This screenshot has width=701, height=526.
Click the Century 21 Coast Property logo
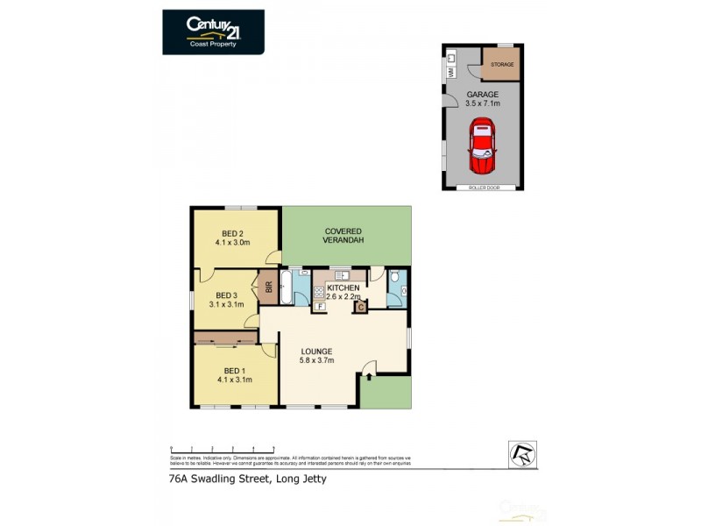pyautogui.click(x=213, y=32)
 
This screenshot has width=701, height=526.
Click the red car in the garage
pyautogui.click(x=481, y=148)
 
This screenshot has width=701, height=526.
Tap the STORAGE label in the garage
pyautogui.click(x=502, y=64)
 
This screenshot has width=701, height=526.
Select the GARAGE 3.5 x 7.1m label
pyautogui.click(x=483, y=98)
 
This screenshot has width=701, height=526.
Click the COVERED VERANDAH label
pyautogui.click(x=343, y=236)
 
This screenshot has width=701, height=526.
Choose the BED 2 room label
pyautogui.click(x=233, y=238)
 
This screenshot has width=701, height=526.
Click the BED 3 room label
pyautogui.click(x=226, y=300)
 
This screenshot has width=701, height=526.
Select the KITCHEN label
pyautogui.click(x=343, y=292)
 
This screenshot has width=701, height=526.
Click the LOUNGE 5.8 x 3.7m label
pyautogui.click(x=316, y=355)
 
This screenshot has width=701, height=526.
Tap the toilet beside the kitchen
pyautogui.click(x=396, y=281)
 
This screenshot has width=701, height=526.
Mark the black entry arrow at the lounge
pyautogui.click(x=369, y=377)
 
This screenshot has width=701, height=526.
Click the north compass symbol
pyautogui.click(x=522, y=452)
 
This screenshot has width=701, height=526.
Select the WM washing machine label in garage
pyautogui.click(x=450, y=75)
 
